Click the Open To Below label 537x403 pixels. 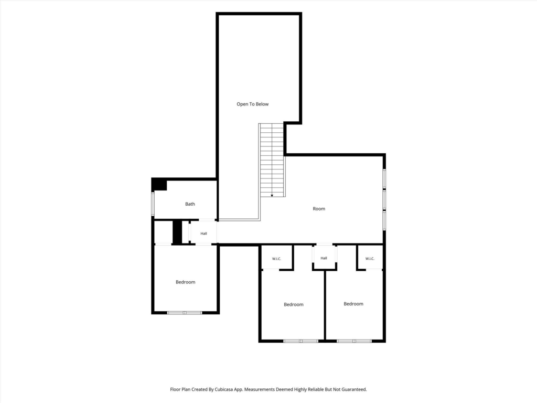pyautogui.click(x=252, y=104)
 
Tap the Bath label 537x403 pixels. pyautogui.click(x=190, y=204)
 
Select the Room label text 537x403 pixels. pyautogui.click(x=319, y=209)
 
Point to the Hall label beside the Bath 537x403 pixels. pyautogui.click(x=204, y=234)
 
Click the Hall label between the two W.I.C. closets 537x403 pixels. pyautogui.click(x=324, y=258)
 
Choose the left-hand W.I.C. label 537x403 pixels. pyautogui.click(x=276, y=259)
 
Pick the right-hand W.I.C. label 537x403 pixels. pyautogui.click(x=370, y=259)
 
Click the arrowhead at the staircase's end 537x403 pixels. pyautogui.click(x=272, y=196)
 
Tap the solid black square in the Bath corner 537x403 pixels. pyautogui.click(x=159, y=185)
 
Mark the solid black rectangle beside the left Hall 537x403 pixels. pyautogui.click(x=177, y=232)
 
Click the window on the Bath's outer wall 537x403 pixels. pyautogui.click(x=153, y=204)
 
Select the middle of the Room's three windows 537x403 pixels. pyautogui.click(x=384, y=199)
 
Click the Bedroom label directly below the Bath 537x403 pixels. pyautogui.click(x=185, y=282)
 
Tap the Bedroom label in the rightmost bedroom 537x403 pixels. pyautogui.click(x=353, y=304)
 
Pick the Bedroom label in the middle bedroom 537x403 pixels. pyautogui.click(x=294, y=305)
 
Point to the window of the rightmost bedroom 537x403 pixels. pyautogui.click(x=354, y=341)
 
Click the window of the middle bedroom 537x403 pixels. pyautogui.click(x=300, y=341)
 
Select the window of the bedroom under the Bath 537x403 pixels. pyautogui.click(x=185, y=313)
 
